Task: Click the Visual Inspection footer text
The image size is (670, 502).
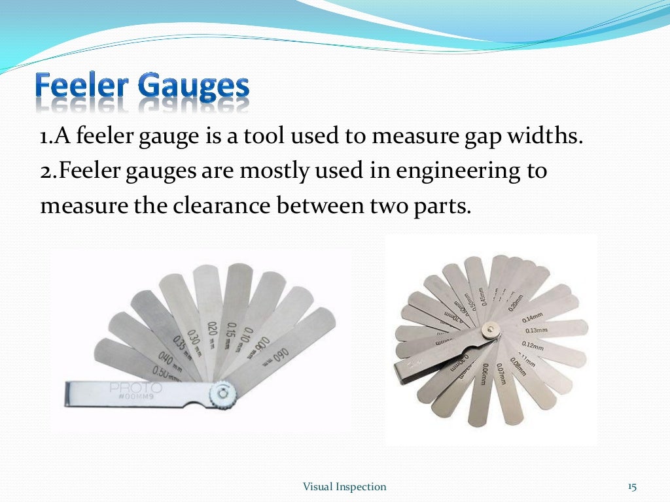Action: click(344, 486)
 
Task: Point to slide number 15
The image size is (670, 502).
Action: click(631, 486)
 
